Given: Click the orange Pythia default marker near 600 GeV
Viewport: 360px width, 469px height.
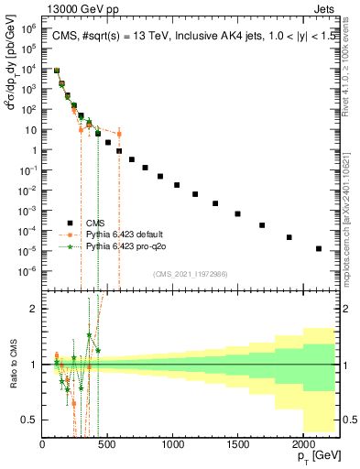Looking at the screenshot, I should (119, 134).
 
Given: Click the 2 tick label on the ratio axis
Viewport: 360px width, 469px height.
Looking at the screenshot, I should (37, 309).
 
